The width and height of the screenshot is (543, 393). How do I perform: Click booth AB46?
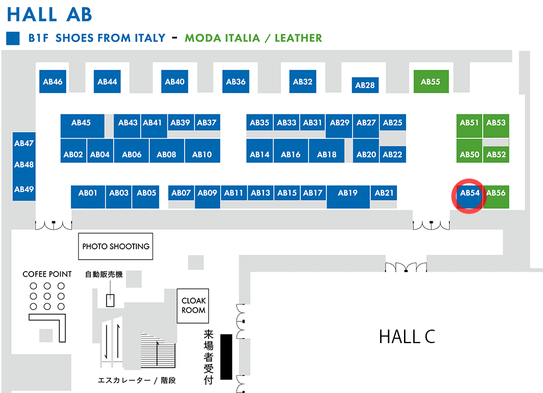(53, 81)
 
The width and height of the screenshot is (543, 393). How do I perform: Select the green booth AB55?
(431, 81)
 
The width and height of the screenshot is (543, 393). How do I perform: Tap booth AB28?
(365, 85)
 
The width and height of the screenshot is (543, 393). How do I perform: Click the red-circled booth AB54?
(470, 197)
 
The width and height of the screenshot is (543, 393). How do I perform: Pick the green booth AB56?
(496, 197)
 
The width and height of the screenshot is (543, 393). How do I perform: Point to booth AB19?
(348, 197)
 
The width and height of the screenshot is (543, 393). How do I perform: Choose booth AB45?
(83, 126)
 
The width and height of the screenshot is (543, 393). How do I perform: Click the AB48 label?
(24, 165)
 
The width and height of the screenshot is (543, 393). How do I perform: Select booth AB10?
(202, 151)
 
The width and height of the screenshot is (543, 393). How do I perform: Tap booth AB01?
(88, 197)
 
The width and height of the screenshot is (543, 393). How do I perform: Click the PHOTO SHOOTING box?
(116, 247)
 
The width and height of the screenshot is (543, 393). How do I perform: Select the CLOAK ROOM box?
(193, 306)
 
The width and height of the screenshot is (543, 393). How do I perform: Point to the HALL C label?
(407, 336)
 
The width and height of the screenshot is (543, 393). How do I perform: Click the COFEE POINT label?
(47, 274)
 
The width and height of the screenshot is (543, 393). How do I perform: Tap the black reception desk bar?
(226, 357)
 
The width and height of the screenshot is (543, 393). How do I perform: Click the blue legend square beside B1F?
(13, 38)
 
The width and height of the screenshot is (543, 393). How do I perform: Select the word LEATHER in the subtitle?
(298, 38)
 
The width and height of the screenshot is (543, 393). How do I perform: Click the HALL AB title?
(49, 15)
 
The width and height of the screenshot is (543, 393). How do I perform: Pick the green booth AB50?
(469, 151)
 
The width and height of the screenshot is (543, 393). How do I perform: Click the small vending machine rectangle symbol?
(110, 300)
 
